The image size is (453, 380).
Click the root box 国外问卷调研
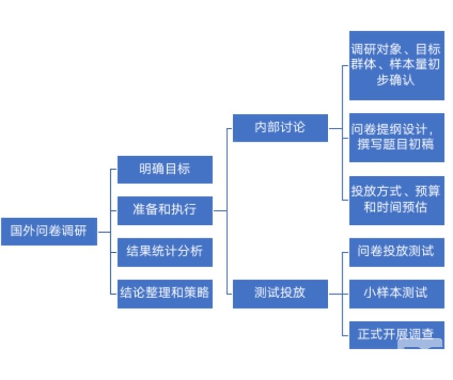tap(49, 231)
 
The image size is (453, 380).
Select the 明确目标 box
tap(164, 169)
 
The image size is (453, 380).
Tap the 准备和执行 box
tap(164, 209)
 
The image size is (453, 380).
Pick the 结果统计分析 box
tap(164, 251)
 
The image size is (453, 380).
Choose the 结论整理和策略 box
tap(164, 292)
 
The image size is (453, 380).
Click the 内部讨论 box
tap(280, 128)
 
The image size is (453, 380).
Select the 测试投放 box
tap(280, 292)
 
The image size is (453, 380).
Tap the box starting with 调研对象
tap(396, 65)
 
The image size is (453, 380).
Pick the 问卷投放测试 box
tap(396, 251)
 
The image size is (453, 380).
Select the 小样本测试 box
tap(396, 292)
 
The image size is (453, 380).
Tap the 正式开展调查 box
tap(396, 334)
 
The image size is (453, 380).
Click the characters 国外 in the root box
tap(23, 231)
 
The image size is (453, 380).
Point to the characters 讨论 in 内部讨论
tap(293, 128)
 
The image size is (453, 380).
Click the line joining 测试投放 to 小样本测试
tap(338, 292)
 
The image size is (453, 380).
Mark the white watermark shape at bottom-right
tap(420, 346)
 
